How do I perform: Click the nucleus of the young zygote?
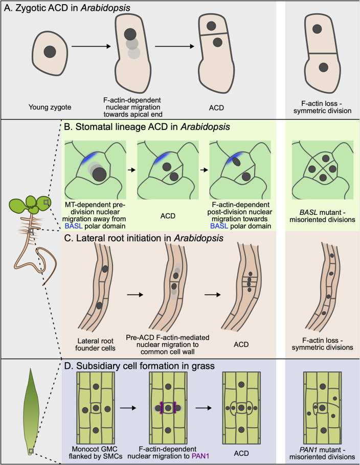(50, 52)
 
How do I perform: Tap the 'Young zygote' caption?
(50, 107)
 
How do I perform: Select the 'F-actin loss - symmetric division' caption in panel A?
(322, 107)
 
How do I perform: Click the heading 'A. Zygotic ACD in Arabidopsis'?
(67, 8)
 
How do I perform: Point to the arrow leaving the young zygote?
(92, 46)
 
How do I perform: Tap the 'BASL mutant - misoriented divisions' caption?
(322, 216)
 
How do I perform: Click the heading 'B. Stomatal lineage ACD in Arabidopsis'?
(147, 127)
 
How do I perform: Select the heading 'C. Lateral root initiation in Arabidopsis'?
(144, 238)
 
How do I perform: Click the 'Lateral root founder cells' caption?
(95, 344)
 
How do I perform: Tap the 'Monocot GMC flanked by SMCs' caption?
(96, 453)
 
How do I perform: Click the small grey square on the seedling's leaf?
(46, 202)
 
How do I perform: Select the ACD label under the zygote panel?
(216, 107)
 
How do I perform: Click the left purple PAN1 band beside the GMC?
(161, 408)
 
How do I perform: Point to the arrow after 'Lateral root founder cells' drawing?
(135, 295)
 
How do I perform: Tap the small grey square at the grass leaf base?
(31, 451)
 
